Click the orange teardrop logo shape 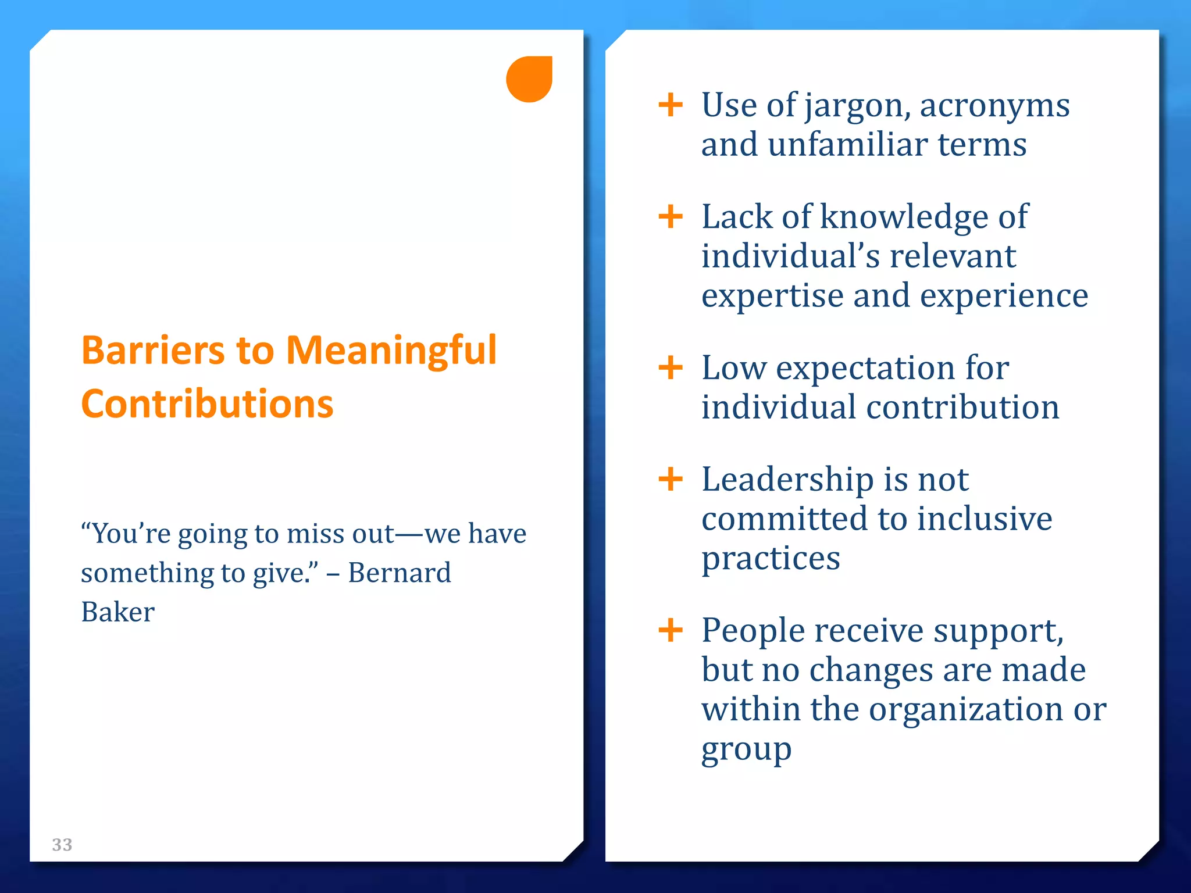click(529, 79)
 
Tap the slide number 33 click(62, 844)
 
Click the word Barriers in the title click(153, 351)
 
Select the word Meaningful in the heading click(391, 352)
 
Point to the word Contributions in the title click(207, 403)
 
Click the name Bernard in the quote click(400, 573)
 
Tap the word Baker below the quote click(118, 612)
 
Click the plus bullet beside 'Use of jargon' click(671, 105)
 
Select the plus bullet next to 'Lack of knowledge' click(671, 217)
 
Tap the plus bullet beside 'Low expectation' click(671, 368)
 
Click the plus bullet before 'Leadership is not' click(671, 480)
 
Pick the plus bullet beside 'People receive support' click(671, 630)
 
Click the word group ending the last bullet click(746, 751)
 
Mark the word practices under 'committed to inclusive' click(771, 559)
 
